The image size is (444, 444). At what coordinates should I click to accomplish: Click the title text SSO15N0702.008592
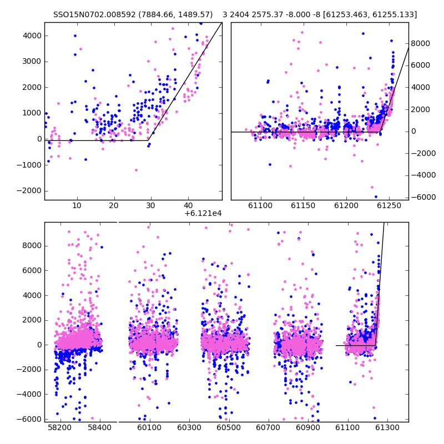pyautogui.click(x=94, y=14)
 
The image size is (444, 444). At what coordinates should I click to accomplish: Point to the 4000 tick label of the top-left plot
pyautogui.click(x=32, y=36)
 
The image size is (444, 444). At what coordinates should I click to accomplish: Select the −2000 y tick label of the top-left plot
pyautogui.click(x=29, y=190)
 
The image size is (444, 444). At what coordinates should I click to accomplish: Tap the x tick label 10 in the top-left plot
pyautogui.click(x=77, y=205)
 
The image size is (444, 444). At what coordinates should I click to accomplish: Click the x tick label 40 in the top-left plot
pyautogui.click(x=188, y=205)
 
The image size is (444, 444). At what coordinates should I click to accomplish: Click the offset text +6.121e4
pyautogui.click(x=203, y=214)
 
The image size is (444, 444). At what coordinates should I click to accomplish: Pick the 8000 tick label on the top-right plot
pyautogui.click(x=421, y=44)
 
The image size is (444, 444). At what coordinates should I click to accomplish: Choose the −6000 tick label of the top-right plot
pyautogui.click(x=423, y=197)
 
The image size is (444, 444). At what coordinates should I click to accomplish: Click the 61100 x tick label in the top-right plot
pyautogui.click(x=260, y=205)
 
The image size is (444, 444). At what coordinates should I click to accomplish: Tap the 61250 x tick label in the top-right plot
pyautogui.click(x=389, y=205)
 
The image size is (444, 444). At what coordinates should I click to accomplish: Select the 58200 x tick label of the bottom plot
pyautogui.click(x=60, y=427)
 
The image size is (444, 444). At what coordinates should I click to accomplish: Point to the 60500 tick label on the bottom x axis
pyautogui.click(x=229, y=427)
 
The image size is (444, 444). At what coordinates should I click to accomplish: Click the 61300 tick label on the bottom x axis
pyautogui.click(x=387, y=427)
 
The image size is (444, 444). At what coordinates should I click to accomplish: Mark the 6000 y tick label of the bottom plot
pyautogui.click(x=32, y=270)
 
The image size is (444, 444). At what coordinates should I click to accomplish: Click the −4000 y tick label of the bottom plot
pyautogui.click(x=29, y=394)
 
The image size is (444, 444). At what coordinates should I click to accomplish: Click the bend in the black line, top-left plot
pyautogui.click(x=148, y=140)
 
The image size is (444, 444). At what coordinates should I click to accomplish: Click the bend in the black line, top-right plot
pyautogui.click(x=380, y=132)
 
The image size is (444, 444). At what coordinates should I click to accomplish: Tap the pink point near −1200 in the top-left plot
pyautogui.click(x=136, y=170)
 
